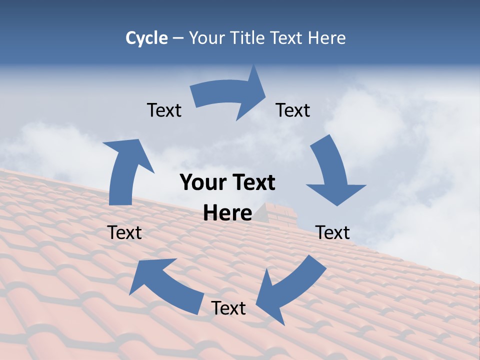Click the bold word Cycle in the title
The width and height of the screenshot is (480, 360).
click(146, 38)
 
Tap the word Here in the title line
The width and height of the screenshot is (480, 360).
click(326, 38)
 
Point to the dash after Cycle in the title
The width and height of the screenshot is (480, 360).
click(178, 38)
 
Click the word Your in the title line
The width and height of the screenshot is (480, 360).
click(207, 38)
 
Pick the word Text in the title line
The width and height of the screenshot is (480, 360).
click(287, 38)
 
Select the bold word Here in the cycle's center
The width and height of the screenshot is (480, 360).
click(227, 213)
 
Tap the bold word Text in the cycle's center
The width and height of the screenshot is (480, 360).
click(253, 183)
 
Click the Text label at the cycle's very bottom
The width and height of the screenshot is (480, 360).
click(228, 308)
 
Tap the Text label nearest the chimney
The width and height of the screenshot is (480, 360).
click(332, 232)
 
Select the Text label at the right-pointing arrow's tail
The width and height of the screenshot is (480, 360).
click(164, 110)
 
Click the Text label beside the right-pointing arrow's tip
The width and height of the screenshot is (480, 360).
click(293, 110)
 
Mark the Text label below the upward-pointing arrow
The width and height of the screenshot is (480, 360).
click(124, 232)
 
